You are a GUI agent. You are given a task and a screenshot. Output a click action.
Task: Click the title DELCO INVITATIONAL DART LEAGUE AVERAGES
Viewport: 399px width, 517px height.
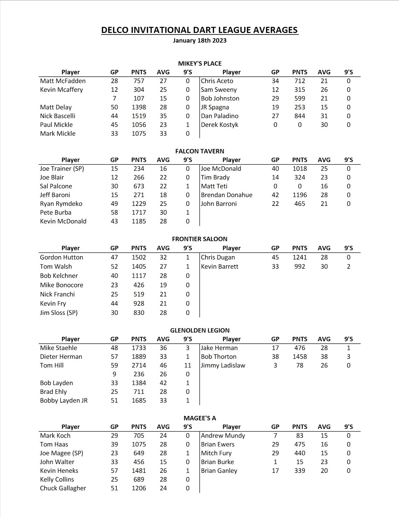click(x=199, y=30)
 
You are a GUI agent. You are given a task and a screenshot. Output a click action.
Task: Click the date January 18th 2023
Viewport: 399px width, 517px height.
click(x=199, y=40)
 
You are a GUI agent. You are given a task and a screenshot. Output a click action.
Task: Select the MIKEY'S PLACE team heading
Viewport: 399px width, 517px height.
click(x=200, y=63)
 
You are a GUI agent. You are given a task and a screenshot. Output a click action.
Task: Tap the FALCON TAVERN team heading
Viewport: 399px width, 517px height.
click(x=200, y=151)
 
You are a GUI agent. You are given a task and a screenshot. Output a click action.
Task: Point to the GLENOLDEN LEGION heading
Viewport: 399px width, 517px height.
click(x=200, y=330)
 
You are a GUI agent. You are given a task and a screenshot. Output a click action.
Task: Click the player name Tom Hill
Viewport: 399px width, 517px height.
click(x=52, y=365)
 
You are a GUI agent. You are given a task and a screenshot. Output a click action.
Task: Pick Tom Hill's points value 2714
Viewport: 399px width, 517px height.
click(x=139, y=365)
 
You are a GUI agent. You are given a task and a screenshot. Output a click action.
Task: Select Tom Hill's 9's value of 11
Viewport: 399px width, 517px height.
click(x=187, y=365)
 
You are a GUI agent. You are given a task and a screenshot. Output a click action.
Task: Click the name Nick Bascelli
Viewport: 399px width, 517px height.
click(x=58, y=116)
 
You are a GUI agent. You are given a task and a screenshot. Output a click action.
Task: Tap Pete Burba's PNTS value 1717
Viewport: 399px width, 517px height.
click(x=139, y=212)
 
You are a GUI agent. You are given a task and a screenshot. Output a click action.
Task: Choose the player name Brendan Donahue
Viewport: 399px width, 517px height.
click(x=226, y=195)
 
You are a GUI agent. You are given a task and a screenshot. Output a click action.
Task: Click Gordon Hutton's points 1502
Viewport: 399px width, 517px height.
click(x=139, y=257)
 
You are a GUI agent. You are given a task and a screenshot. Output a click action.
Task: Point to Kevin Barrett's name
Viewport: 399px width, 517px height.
click(x=219, y=267)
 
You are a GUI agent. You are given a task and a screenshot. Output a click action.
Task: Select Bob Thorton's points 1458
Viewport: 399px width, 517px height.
click(x=300, y=357)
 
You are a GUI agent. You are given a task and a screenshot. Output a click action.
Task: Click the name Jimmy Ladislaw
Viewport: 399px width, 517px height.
click(x=223, y=365)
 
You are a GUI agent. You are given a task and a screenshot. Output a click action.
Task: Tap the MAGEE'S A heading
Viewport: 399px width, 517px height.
click(x=200, y=418)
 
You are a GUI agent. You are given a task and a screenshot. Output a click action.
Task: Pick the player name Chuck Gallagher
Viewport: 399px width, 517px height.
click(x=63, y=488)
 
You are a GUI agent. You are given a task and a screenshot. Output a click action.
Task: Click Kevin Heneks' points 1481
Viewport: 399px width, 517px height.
click(x=139, y=471)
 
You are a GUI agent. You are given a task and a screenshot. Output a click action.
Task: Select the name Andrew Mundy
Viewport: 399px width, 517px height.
click(x=223, y=436)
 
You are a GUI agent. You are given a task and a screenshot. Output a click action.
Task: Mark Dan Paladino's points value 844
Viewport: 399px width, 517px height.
click(x=300, y=116)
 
